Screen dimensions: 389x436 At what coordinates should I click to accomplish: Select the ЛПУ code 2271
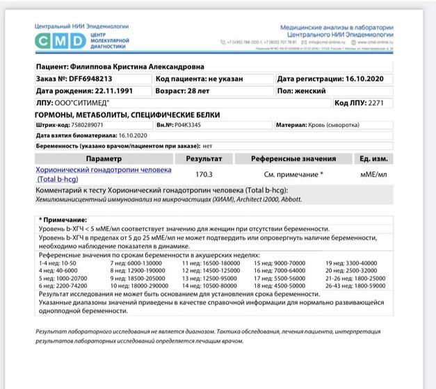(x=376, y=103)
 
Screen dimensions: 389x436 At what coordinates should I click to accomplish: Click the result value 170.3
(x=204, y=174)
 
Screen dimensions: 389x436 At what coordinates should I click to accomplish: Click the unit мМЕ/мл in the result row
(x=373, y=174)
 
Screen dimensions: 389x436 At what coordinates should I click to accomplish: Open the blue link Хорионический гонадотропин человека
(x=103, y=169)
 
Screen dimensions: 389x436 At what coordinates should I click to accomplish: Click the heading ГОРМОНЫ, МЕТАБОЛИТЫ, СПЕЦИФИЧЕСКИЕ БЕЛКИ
(x=127, y=115)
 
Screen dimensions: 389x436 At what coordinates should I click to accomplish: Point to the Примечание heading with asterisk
(x=58, y=220)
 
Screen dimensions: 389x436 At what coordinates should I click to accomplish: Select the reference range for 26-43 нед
(x=353, y=285)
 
